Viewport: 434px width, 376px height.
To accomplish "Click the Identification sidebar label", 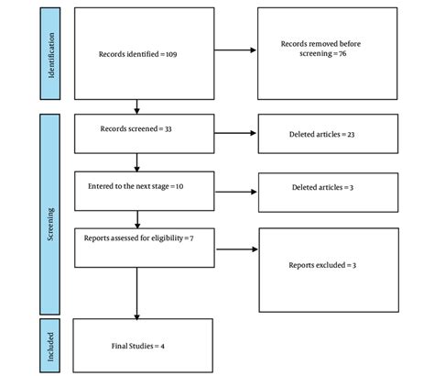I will point(57,54).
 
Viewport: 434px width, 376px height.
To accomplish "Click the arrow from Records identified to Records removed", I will point(229,50).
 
